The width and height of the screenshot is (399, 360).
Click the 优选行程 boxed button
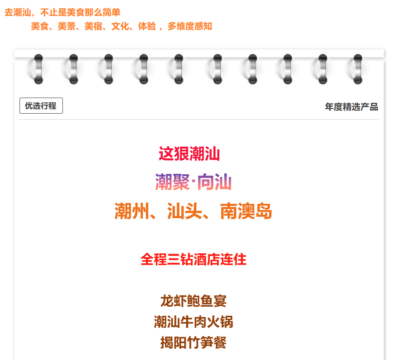(41, 106)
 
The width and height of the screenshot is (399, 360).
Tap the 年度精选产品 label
(351, 107)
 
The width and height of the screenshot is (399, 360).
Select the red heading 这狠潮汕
(189, 154)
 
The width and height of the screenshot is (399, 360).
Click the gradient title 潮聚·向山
(193, 182)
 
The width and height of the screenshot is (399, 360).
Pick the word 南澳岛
(246, 212)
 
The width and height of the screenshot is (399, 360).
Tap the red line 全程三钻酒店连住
(193, 260)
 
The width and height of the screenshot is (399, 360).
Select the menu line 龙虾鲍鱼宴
(193, 301)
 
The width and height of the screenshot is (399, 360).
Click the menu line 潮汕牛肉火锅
(193, 322)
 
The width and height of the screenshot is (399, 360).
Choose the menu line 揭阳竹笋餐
(193, 343)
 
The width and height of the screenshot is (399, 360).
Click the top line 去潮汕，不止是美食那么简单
(62, 13)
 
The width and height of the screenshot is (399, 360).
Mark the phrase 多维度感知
(190, 26)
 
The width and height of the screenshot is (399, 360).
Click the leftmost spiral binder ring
(38, 69)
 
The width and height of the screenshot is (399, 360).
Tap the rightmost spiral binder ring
(357, 69)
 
